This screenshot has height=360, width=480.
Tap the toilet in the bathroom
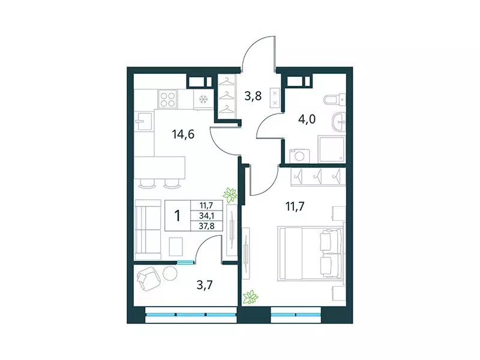click(x=332, y=100)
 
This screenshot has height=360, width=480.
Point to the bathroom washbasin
click(x=339, y=123)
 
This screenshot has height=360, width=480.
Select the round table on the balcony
click(x=170, y=273)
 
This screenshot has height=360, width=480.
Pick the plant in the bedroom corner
click(x=252, y=296)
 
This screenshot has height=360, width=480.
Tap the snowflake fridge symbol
click(x=203, y=99)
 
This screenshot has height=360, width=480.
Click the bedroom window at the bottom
click(x=295, y=314)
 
